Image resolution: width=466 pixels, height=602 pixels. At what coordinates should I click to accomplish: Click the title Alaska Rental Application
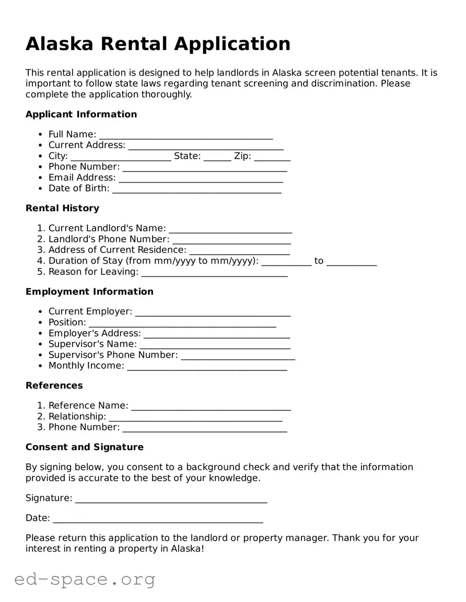coord(158,44)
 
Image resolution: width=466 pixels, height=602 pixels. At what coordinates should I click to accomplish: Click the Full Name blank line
coord(185,135)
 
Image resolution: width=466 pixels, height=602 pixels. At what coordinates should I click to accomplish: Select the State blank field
coord(217,156)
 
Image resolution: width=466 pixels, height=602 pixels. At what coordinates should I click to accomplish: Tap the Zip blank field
coord(272,156)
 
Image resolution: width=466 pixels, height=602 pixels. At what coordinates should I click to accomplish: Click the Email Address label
coord(82,177)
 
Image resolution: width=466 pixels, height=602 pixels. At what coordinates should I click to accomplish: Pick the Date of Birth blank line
coord(197,189)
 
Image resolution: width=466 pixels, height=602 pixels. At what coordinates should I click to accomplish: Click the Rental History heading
coord(62,208)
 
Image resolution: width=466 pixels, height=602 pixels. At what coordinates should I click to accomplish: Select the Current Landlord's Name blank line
coord(230,228)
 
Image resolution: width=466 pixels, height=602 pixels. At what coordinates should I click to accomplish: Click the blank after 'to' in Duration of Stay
coord(352,261)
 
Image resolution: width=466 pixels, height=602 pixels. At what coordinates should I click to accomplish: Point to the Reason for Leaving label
coord(94,272)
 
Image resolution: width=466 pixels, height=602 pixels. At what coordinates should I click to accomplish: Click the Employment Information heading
coord(89,292)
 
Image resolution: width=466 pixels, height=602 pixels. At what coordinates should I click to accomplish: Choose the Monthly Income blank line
coord(207,366)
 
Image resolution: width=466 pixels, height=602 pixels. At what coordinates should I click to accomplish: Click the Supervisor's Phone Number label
coord(113,355)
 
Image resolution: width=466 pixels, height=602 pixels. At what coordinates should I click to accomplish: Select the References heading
coord(54,386)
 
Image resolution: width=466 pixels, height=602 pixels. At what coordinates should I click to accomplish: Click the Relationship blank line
coord(195,417)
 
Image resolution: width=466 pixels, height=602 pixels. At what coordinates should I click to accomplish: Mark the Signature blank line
coord(171,499)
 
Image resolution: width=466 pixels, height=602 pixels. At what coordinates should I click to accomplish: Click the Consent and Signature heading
coord(84,447)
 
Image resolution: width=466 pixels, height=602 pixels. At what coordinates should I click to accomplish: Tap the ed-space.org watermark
coord(85,579)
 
